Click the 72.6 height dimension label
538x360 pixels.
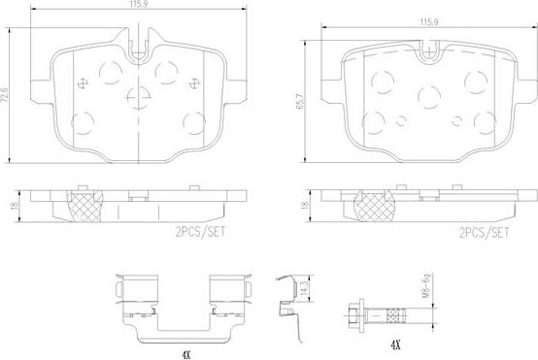pos(5,94)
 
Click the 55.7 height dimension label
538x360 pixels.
pos(300,101)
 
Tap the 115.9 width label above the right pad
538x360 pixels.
pos(429,22)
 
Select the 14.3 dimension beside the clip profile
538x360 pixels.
pos(302,290)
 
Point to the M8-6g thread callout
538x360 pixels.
pos(426,285)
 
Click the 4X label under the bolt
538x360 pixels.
pos(395,344)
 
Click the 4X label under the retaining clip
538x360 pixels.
pos(185,355)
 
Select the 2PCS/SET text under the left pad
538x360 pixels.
pos(200,232)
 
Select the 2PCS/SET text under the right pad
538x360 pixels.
pos(485,233)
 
